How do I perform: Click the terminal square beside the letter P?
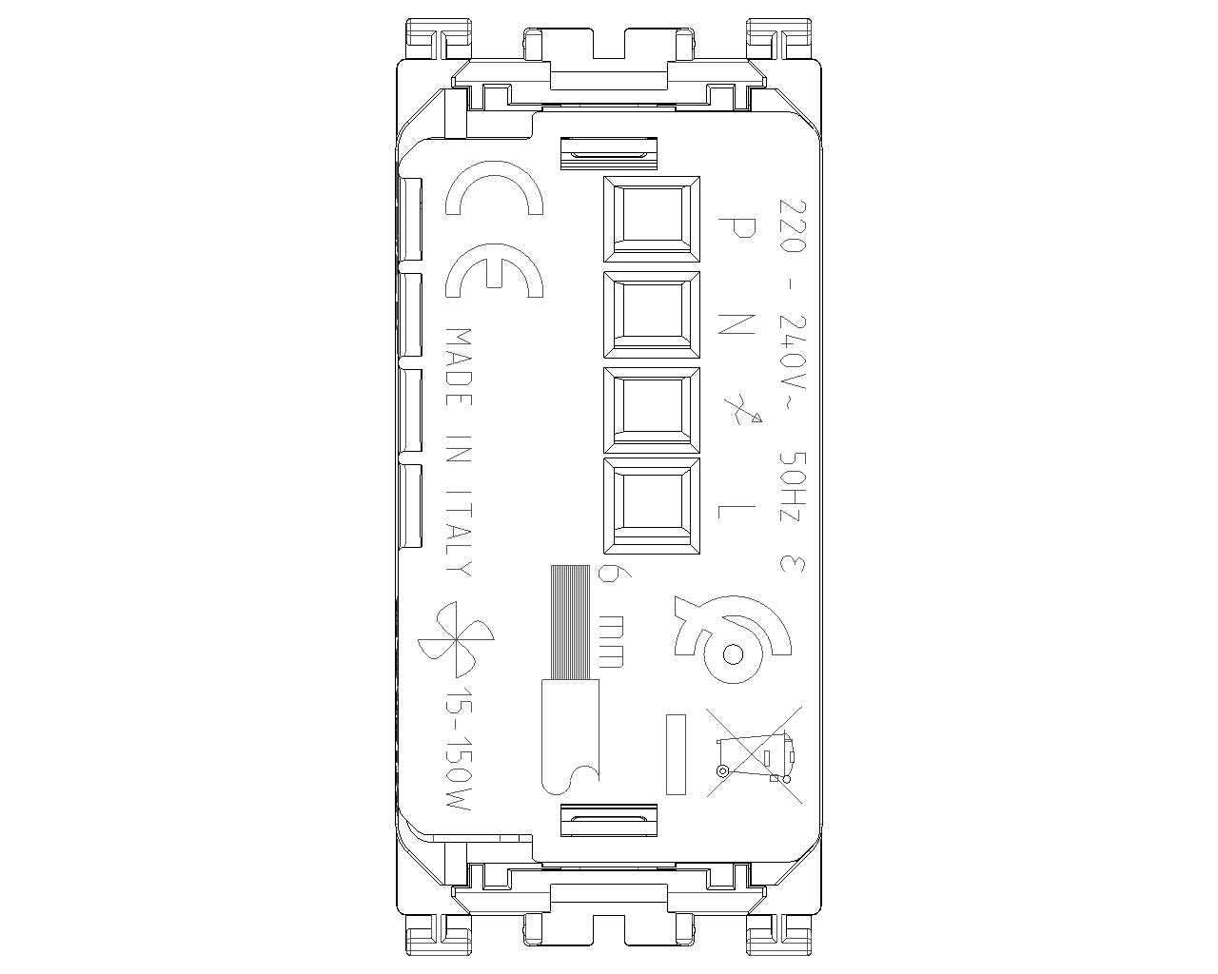click(x=652, y=219)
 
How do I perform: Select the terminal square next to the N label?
click(x=652, y=315)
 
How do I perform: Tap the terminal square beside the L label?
click(x=652, y=506)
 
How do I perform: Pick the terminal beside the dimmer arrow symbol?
click(x=652, y=410)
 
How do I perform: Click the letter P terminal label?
click(x=737, y=228)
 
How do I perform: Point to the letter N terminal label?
click(x=737, y=323)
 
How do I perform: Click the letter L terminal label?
click(x=737, y=512)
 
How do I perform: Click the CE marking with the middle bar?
click(x=494, y=270)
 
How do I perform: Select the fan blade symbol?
click(x=456, y=639)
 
